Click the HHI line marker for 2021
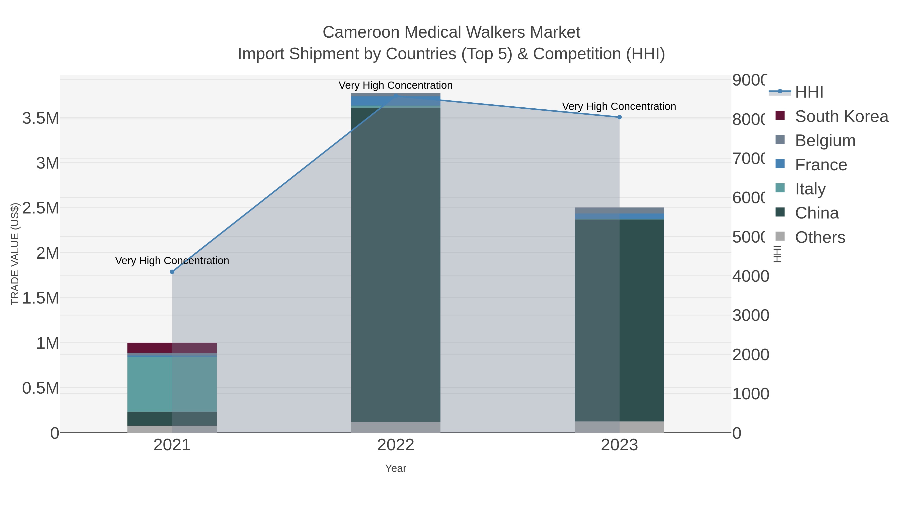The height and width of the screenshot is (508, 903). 172,272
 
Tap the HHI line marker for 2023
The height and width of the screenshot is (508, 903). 619,117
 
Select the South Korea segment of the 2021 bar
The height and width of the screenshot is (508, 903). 172,348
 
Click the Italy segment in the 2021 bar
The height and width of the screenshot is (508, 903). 172,384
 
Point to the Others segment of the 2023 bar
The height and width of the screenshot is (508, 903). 619,427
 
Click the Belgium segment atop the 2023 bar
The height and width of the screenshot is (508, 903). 619,210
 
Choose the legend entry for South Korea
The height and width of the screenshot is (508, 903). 841,116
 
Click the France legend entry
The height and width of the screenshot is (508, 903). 821,165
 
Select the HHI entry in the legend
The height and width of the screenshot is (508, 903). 809,92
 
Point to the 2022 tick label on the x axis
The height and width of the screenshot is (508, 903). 396,445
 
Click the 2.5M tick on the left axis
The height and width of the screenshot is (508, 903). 41,208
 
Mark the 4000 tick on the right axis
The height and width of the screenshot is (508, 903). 750,276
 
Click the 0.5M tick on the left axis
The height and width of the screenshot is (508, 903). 41,388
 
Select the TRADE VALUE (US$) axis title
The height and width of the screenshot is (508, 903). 15,254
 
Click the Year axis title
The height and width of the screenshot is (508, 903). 396,468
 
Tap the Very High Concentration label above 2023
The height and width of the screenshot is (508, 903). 619,106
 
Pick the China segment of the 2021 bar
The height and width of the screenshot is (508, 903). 172,419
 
